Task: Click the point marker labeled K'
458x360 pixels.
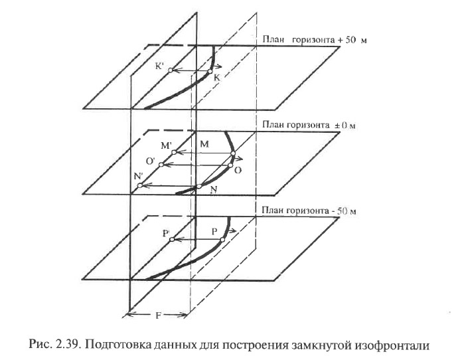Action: [170, 70]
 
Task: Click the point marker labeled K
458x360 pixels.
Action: [210, 71]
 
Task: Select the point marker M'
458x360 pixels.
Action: [174, 152]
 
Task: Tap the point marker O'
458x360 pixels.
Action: [161, 165]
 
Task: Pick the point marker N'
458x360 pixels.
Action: [140, 185]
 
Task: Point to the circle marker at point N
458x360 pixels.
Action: [199, 187]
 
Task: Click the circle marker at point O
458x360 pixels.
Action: [230, 165]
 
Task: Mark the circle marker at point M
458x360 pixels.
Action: [233, 153]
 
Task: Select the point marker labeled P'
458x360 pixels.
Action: [172, 240]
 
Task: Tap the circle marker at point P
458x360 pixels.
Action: [222, 240]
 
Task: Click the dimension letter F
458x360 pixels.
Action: [158, 316]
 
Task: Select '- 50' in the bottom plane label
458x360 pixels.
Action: [339, 211]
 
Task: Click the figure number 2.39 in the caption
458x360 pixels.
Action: [68, 345]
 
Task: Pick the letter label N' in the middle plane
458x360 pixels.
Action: [138, 176]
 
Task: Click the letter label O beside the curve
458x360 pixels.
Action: [238, 170]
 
